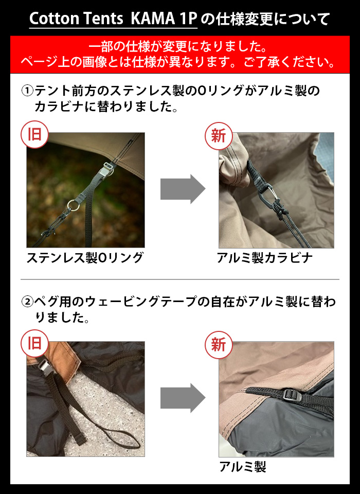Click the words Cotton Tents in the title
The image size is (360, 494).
77,19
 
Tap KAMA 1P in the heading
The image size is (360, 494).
164,19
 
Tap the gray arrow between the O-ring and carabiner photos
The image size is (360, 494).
182,189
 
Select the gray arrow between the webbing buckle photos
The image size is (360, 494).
182,398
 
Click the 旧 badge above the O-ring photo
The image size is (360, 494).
34,135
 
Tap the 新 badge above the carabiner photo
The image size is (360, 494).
219,135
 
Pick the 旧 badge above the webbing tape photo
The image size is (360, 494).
34,343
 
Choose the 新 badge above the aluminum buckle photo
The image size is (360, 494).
219,344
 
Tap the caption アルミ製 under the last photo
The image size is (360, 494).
242,467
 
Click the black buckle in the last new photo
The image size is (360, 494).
291,395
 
